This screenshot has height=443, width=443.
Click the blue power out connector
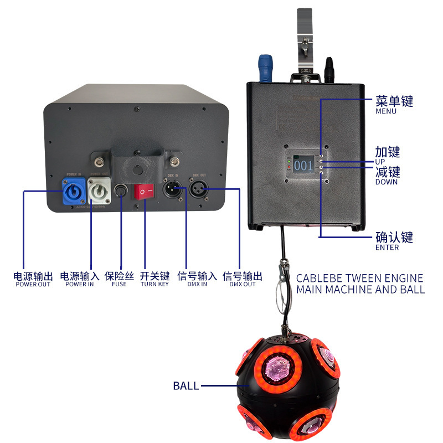click(73, 193)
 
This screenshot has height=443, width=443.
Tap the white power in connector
click(99, 193)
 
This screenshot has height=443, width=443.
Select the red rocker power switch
click(146, 192)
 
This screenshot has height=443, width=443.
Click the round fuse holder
click(121, 193)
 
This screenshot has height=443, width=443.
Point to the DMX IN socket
click(172, 192)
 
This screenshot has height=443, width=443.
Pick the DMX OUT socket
click(198, 192)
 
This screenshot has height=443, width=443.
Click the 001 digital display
click(303, 165)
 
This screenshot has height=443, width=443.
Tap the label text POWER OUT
click(33, 285)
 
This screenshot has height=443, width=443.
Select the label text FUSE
click(119, 285)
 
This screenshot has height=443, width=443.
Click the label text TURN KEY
click(154, 285)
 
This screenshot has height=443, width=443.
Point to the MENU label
click(386, 111)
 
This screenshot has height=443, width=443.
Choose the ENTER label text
click(387, 248)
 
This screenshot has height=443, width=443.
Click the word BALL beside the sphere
click(186, 386)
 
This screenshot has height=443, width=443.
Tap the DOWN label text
click(387, 182)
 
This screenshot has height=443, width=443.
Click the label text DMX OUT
click(243, 285)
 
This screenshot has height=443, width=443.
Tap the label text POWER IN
click(79, 285)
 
